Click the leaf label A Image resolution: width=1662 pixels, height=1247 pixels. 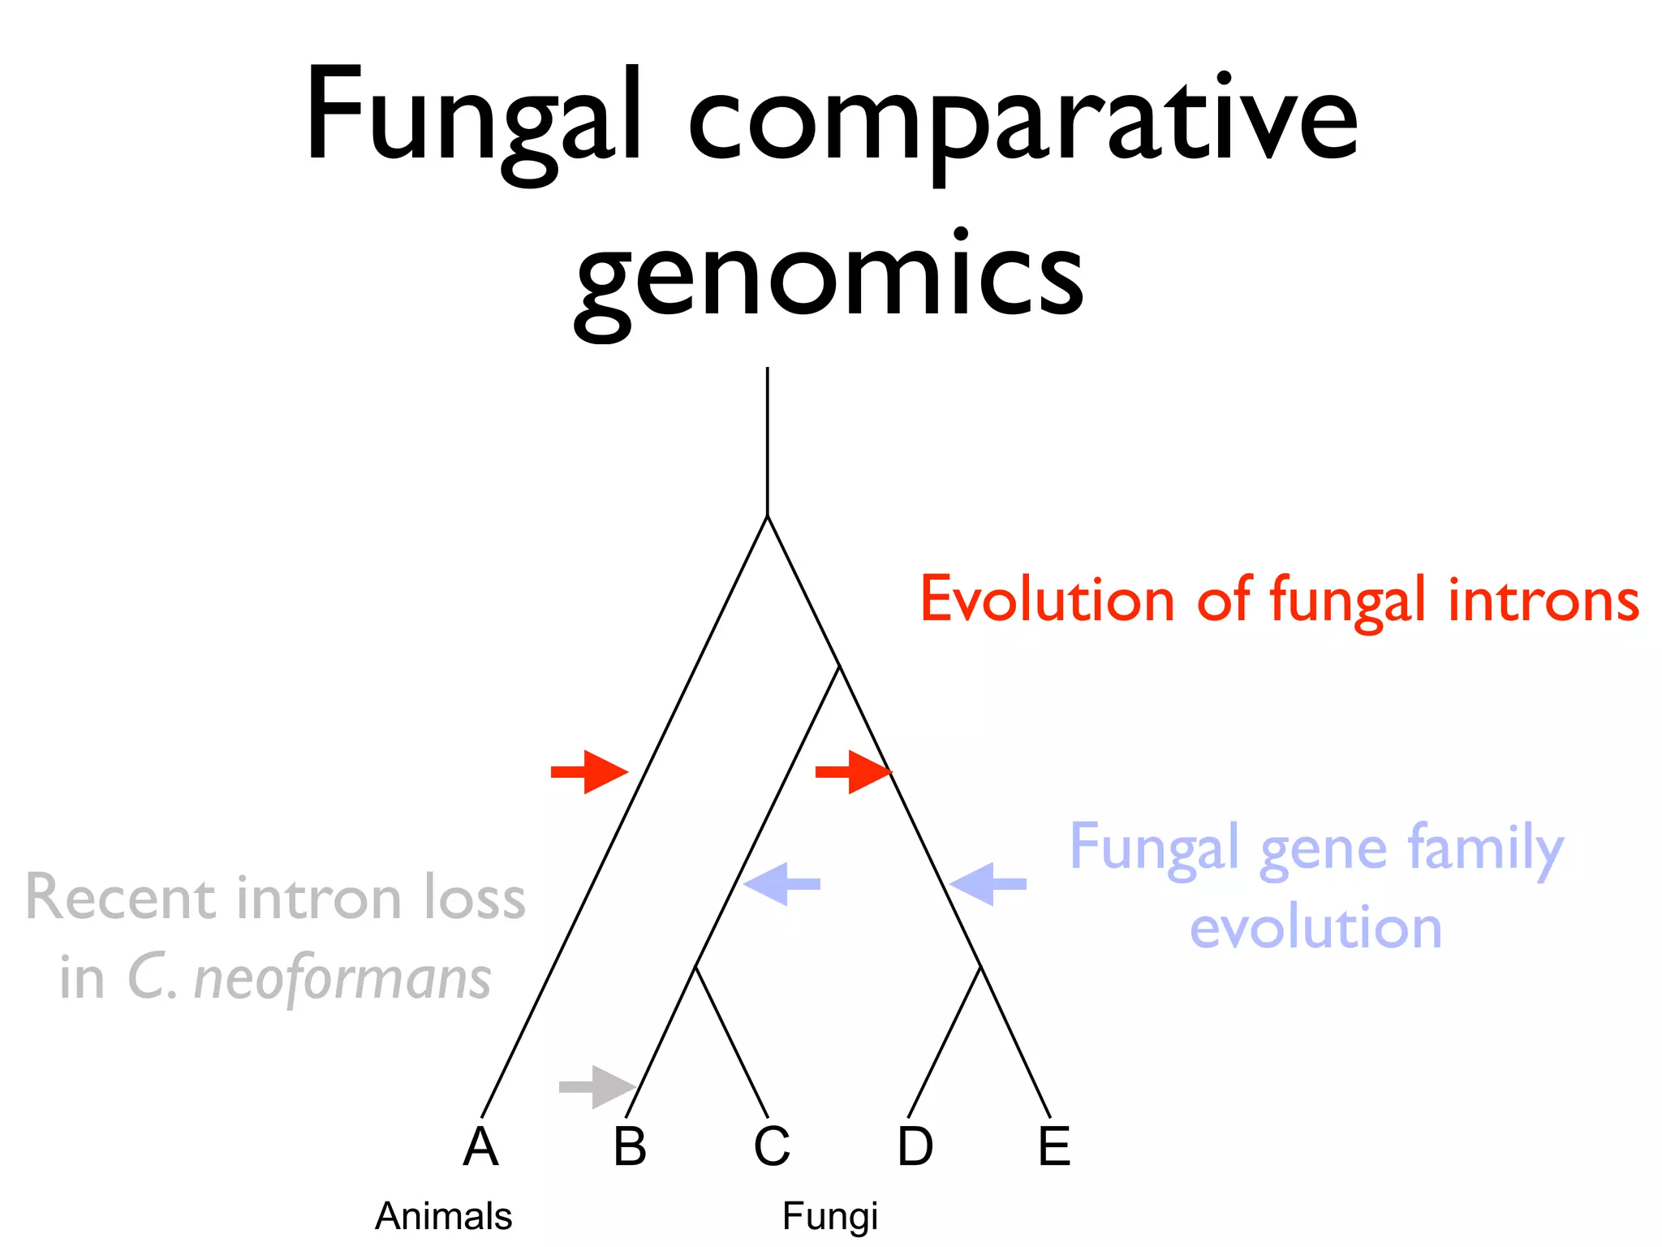480,1146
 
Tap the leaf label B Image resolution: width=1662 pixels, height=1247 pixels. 630,1146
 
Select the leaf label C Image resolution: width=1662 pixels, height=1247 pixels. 771,1146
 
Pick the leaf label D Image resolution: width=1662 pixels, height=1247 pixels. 915,1146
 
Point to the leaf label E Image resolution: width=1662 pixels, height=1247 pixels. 1054,1146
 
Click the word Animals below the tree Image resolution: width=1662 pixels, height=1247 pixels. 443,1216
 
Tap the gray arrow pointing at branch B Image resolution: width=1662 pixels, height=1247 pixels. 597,1086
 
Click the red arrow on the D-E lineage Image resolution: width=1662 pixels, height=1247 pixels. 853,771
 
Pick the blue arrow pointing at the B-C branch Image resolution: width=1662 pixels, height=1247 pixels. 781,883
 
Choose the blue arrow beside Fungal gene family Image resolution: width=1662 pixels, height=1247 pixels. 988,883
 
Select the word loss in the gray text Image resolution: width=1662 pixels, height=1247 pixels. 475,898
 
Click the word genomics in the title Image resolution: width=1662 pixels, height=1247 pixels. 829,276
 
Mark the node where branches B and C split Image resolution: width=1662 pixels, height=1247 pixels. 695,967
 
